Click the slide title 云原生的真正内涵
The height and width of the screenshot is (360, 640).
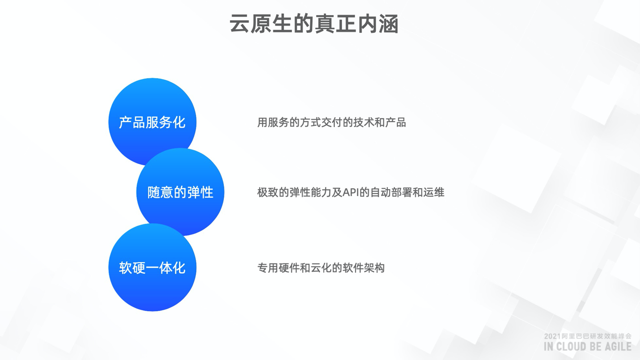point(314,24)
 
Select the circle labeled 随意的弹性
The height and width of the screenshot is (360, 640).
point(180,192)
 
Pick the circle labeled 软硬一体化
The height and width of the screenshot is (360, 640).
point(152,267)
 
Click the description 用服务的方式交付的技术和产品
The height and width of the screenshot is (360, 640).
point(331,123)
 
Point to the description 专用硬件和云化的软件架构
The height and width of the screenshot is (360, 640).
point(321,268)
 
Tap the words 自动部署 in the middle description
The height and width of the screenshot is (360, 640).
point(391,192)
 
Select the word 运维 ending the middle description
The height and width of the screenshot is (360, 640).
point(434,192)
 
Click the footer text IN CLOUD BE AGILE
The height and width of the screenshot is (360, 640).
point(588,346)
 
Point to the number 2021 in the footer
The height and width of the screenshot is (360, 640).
point(552,336)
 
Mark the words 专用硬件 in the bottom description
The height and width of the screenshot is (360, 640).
point(278,268)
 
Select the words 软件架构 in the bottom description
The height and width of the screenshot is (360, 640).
point(364,268)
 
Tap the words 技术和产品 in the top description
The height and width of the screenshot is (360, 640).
point(379,123)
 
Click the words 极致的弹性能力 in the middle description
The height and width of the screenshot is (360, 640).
point(295,192)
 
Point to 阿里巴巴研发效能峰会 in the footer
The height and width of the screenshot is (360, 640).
point(596,336)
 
